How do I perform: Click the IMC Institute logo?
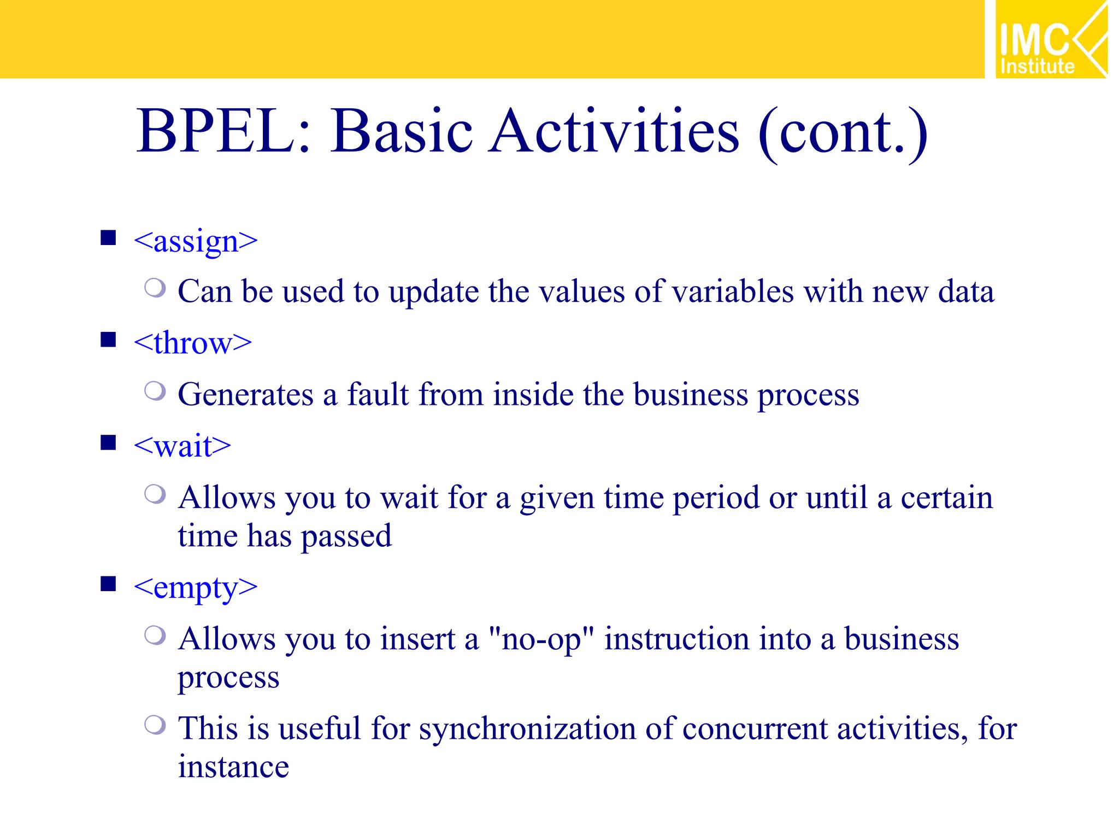pyautogui.click(x=1051, y=39)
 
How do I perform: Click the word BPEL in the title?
pyautogui.click(x=215, y=131)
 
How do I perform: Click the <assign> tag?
pyautogui.click(x=195, y=241)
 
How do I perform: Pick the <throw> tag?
pyautogui.click(x=192, y=343)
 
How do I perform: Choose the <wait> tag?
pyautogui.click(x=182, y=446)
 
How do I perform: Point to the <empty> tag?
pyautogui.click(x=195, y=588)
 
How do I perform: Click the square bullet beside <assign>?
pyautogui.click(x=108, y=238)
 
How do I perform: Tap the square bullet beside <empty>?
pyautogui.click(x=108, y=584)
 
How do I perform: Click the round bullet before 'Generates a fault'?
pyautogui.click(x=155, y=390)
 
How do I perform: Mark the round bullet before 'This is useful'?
pyautogui.click(x=155, y=725)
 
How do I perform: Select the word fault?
pyautogui.click(x=378, y=394)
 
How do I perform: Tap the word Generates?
pyautogui.click(x=245, y=394)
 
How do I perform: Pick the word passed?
pyautogui.click(x=346, y=536)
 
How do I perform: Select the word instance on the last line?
pyautogui.click(x=233, y=767)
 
